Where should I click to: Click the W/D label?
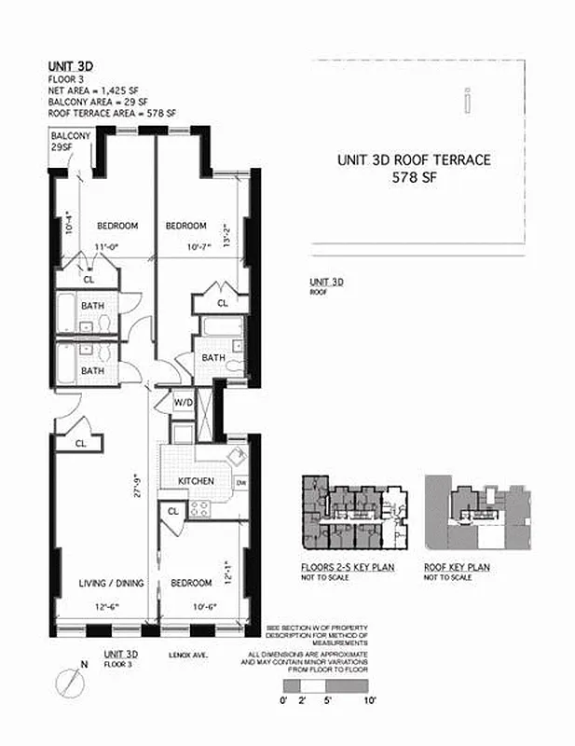pos(183,403)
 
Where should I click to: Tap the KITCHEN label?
pos(197,481)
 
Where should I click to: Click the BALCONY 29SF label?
pos(70,142)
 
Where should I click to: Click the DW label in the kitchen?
pos(240,482)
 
